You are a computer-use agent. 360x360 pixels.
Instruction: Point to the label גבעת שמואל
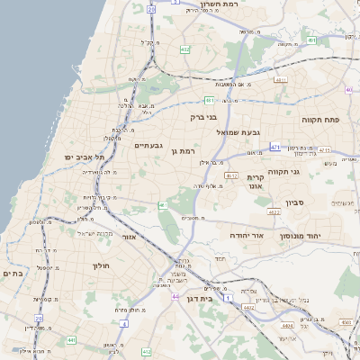pos(238,132)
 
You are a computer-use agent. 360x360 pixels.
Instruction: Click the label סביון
pos(296,203)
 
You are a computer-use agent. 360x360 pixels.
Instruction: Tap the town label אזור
pos(128,236)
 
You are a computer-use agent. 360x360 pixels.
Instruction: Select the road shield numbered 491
pos(209,100)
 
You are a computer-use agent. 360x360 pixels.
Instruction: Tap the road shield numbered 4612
pos(231,175)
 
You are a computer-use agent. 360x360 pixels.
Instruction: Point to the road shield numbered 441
pos(71,340)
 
